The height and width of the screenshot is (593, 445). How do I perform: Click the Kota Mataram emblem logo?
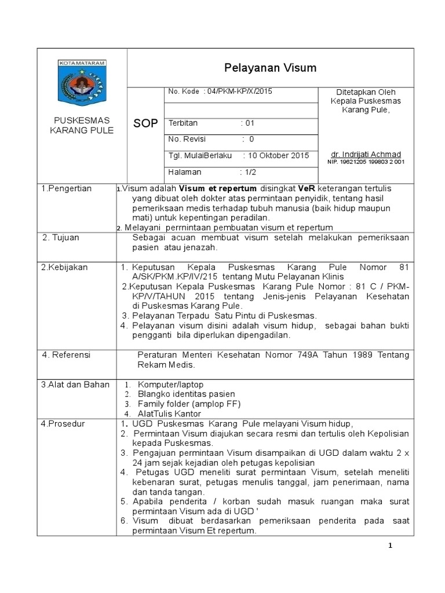81,83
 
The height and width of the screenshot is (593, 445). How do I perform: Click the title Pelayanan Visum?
271,68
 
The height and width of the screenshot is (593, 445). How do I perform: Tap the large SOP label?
145,124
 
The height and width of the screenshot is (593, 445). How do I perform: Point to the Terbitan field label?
183,123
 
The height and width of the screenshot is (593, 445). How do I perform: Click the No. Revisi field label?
187,140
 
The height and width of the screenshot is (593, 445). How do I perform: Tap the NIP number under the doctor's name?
366,163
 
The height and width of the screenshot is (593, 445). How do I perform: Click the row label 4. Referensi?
67,354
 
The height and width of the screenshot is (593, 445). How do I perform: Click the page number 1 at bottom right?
391,546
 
